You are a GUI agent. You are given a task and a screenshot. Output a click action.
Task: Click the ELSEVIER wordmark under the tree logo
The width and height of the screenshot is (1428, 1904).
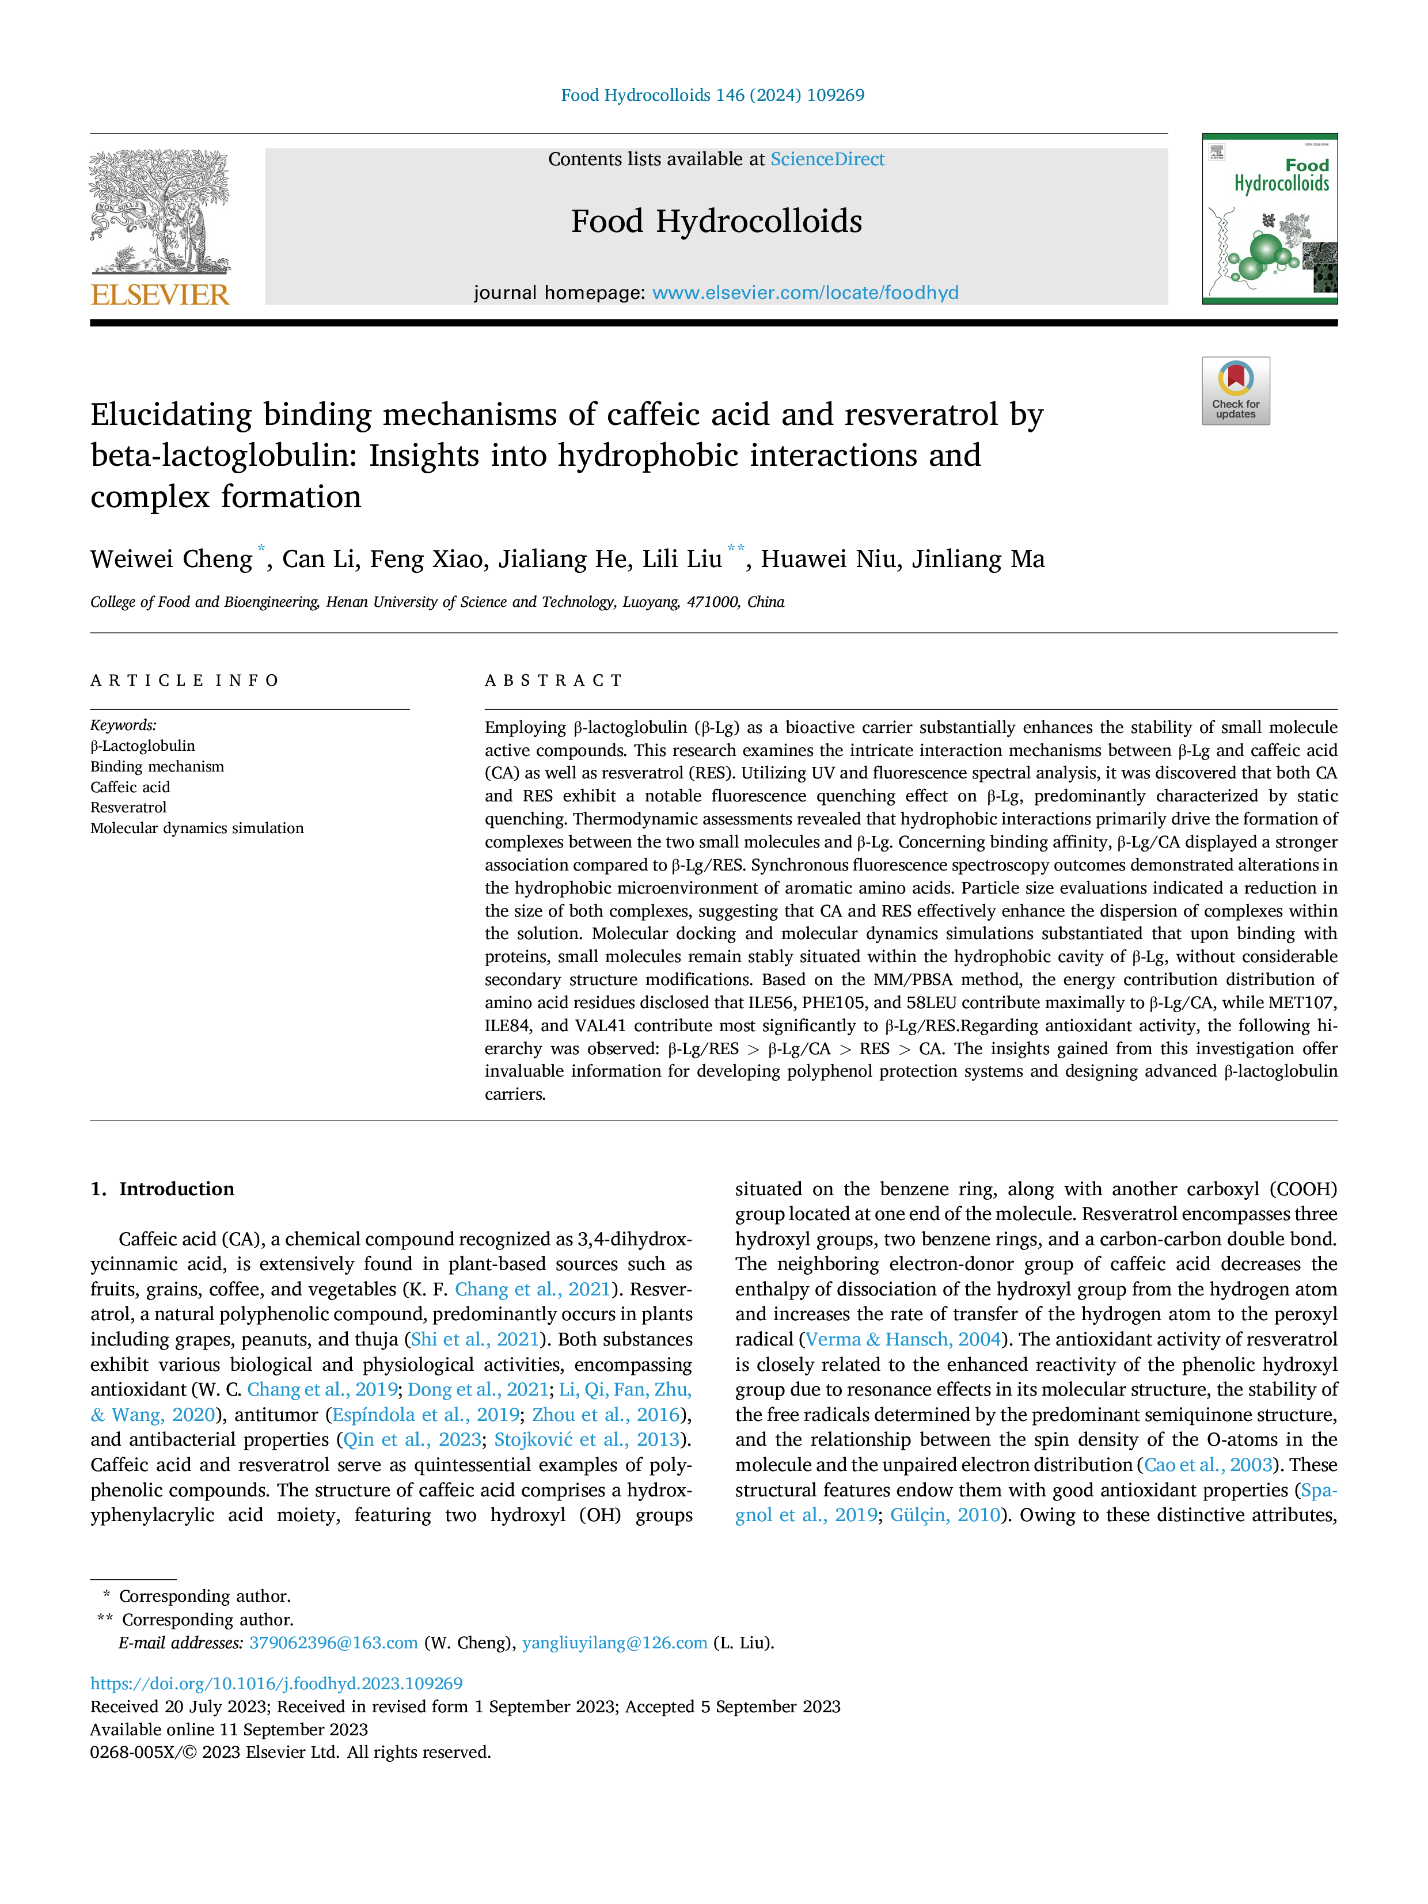coord(160,295)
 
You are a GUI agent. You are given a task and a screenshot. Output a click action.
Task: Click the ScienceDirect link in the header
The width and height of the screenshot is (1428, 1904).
coord(827,159)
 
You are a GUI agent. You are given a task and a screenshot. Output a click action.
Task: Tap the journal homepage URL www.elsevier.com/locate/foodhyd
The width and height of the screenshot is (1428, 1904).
coord(805,292)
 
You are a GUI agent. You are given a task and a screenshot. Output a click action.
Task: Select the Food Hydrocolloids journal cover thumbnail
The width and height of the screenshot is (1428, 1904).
coord(1270,219)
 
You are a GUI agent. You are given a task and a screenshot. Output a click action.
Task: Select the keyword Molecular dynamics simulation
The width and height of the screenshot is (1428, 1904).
coord(197,828)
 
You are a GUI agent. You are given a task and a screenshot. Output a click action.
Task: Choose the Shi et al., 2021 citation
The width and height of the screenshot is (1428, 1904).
coord(475,1339)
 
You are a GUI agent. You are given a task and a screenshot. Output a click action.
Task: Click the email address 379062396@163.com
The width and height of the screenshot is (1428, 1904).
coord(333,1643)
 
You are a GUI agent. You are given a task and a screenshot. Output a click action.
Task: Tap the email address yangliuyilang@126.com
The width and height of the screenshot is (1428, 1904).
coord(614,1643)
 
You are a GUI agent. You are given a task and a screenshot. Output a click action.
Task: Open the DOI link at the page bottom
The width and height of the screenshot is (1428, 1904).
coord(276,1683)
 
